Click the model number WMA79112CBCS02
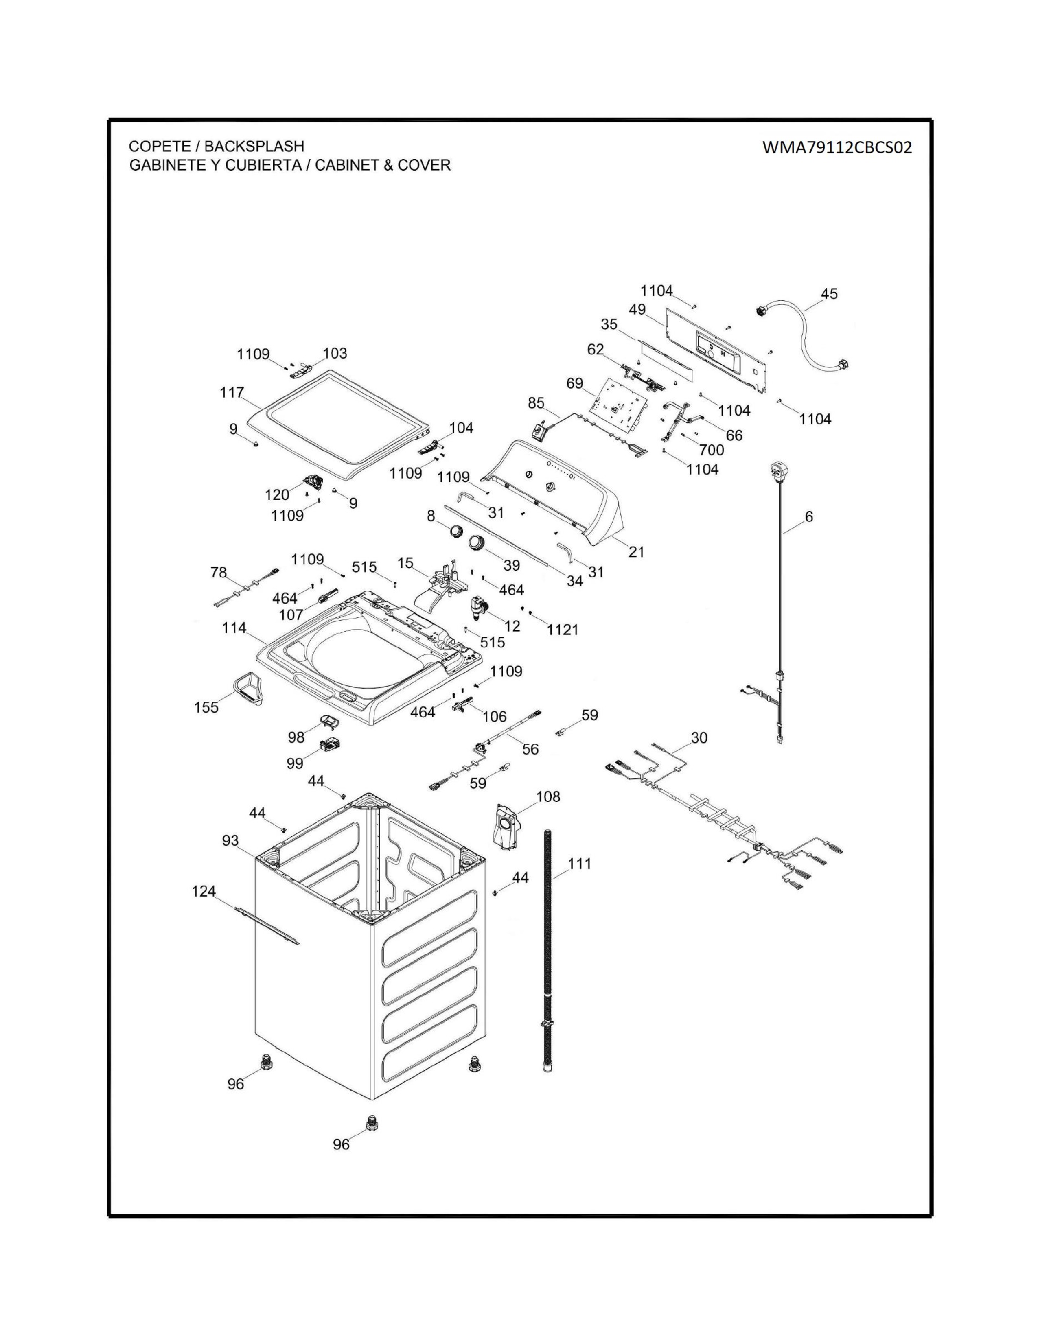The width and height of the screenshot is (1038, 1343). (837, 148)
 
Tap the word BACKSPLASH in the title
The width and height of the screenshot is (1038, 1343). (254, 147)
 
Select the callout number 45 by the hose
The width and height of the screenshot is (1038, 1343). (829, 294)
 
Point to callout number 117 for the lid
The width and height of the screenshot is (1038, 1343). (232, 392)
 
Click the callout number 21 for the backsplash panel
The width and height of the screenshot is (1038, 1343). (637, 551)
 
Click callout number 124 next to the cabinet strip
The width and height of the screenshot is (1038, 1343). (204, 890)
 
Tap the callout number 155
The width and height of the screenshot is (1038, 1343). (206, 708)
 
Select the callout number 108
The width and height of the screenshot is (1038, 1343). (548, 797)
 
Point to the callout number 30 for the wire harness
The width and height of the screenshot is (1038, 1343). (699, 738)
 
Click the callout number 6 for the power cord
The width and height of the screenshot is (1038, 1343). (809, 516)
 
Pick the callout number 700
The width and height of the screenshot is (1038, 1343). (712, 450)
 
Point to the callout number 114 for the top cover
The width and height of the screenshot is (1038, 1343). (234, 628)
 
